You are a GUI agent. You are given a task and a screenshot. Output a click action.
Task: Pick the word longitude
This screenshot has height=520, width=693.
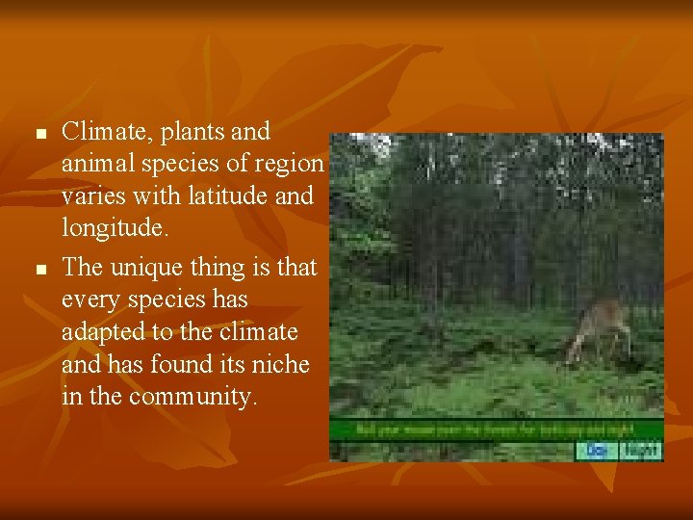coord(114,228)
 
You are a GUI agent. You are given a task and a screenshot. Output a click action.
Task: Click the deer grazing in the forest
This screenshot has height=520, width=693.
coord(598,328)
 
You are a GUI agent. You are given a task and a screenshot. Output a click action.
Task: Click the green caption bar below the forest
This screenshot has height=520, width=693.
coord(496,429)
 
